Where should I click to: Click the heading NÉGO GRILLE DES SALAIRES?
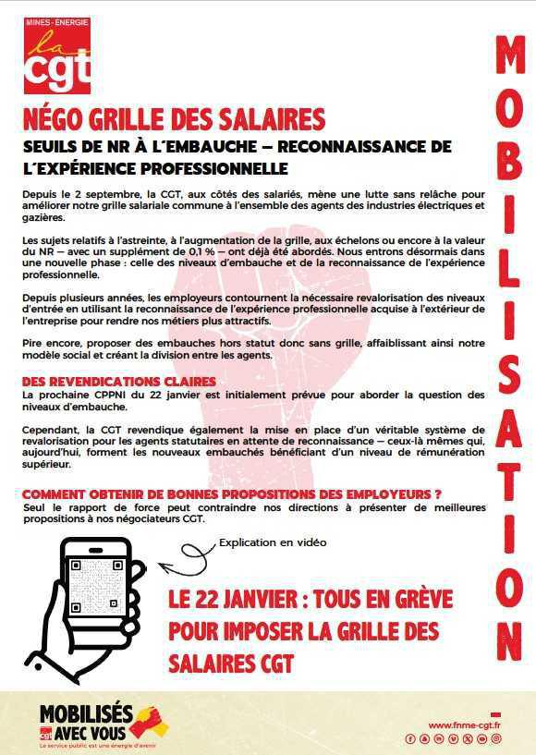pyautogui.click(x=174, y=120)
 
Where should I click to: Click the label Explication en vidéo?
pyautogui.click(x=272, y=543)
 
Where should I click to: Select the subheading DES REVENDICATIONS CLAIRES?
pyautogui.click(x=119, y=382)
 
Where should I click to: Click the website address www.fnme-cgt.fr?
pyautogui.click(x=464, y=725)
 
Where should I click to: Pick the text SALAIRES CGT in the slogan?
pyautogui.click(x=230, y=663)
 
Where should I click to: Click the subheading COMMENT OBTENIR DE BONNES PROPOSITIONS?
pyautogui.click(x=231, y=494)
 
